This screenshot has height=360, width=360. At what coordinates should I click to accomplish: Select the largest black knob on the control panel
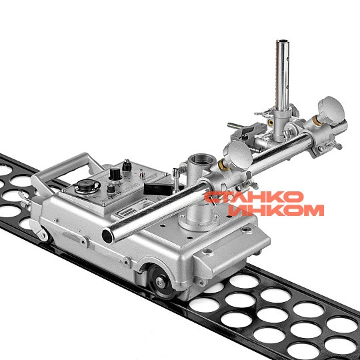[115, 173]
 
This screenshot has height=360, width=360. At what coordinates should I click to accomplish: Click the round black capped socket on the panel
[87, 186]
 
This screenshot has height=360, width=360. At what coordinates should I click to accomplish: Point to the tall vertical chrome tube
[282, 76]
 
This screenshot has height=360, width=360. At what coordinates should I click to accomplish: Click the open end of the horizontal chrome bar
[108, 237]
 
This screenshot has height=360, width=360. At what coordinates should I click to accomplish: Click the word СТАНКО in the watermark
[254, 197]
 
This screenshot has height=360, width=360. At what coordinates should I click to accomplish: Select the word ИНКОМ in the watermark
[276, 210]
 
